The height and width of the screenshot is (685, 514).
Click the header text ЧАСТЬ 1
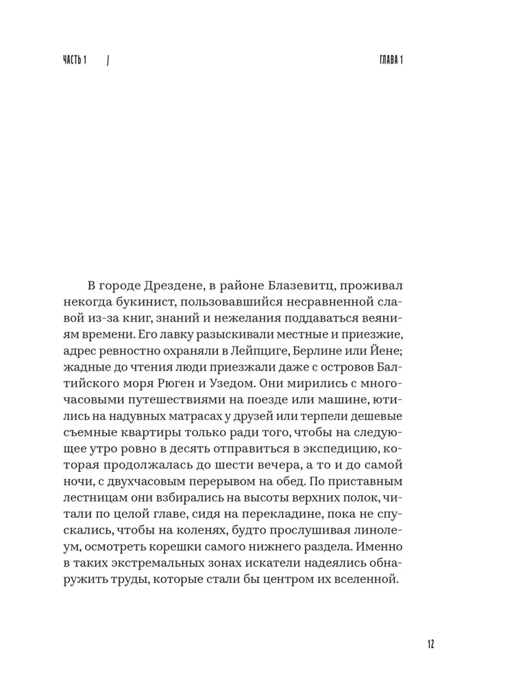[77, 60]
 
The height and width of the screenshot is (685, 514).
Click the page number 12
[430, 644]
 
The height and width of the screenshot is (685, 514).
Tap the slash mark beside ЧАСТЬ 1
[110, 60]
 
